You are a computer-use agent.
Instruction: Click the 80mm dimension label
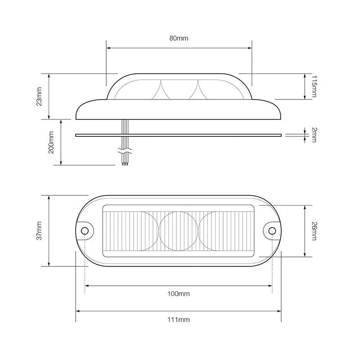pos(179,38)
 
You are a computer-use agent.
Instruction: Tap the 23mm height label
pos(39,96)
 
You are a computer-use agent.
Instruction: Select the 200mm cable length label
pos(51,142)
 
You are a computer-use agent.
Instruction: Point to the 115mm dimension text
pos(314,86)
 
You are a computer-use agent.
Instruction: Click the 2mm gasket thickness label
pos(314,135)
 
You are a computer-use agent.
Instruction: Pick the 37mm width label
pos(39,231)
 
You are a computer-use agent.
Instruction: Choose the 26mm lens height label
pos(314,231)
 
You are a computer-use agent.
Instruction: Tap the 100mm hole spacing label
pos(179,294)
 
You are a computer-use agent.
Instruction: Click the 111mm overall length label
pos(179,319)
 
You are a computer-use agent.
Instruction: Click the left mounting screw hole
pos(85,230)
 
